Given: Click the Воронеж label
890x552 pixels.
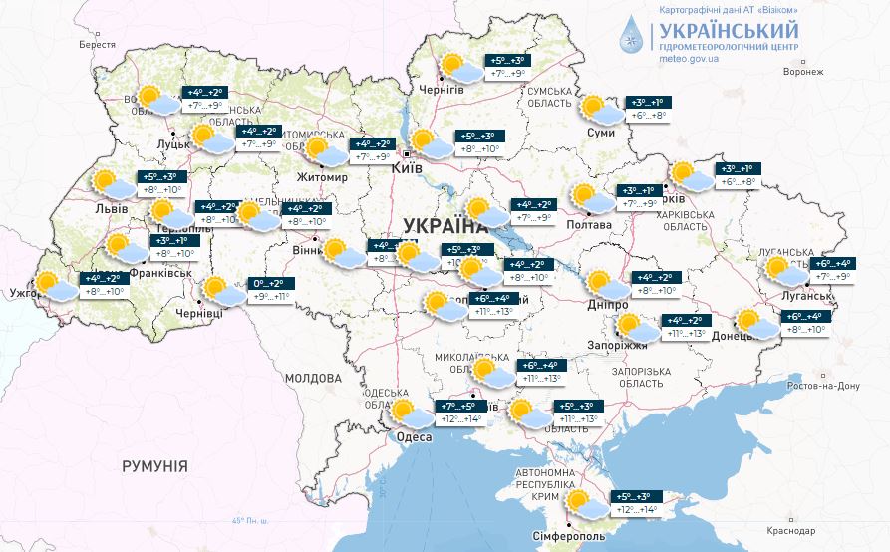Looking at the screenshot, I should pos(803,73).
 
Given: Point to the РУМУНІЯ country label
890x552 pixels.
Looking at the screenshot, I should pos(154,466).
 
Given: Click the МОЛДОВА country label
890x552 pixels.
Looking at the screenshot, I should pos(312,379).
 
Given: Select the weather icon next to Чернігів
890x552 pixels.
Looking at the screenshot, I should pos(459,67).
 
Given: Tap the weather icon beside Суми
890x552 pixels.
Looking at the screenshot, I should pos(599,109).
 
